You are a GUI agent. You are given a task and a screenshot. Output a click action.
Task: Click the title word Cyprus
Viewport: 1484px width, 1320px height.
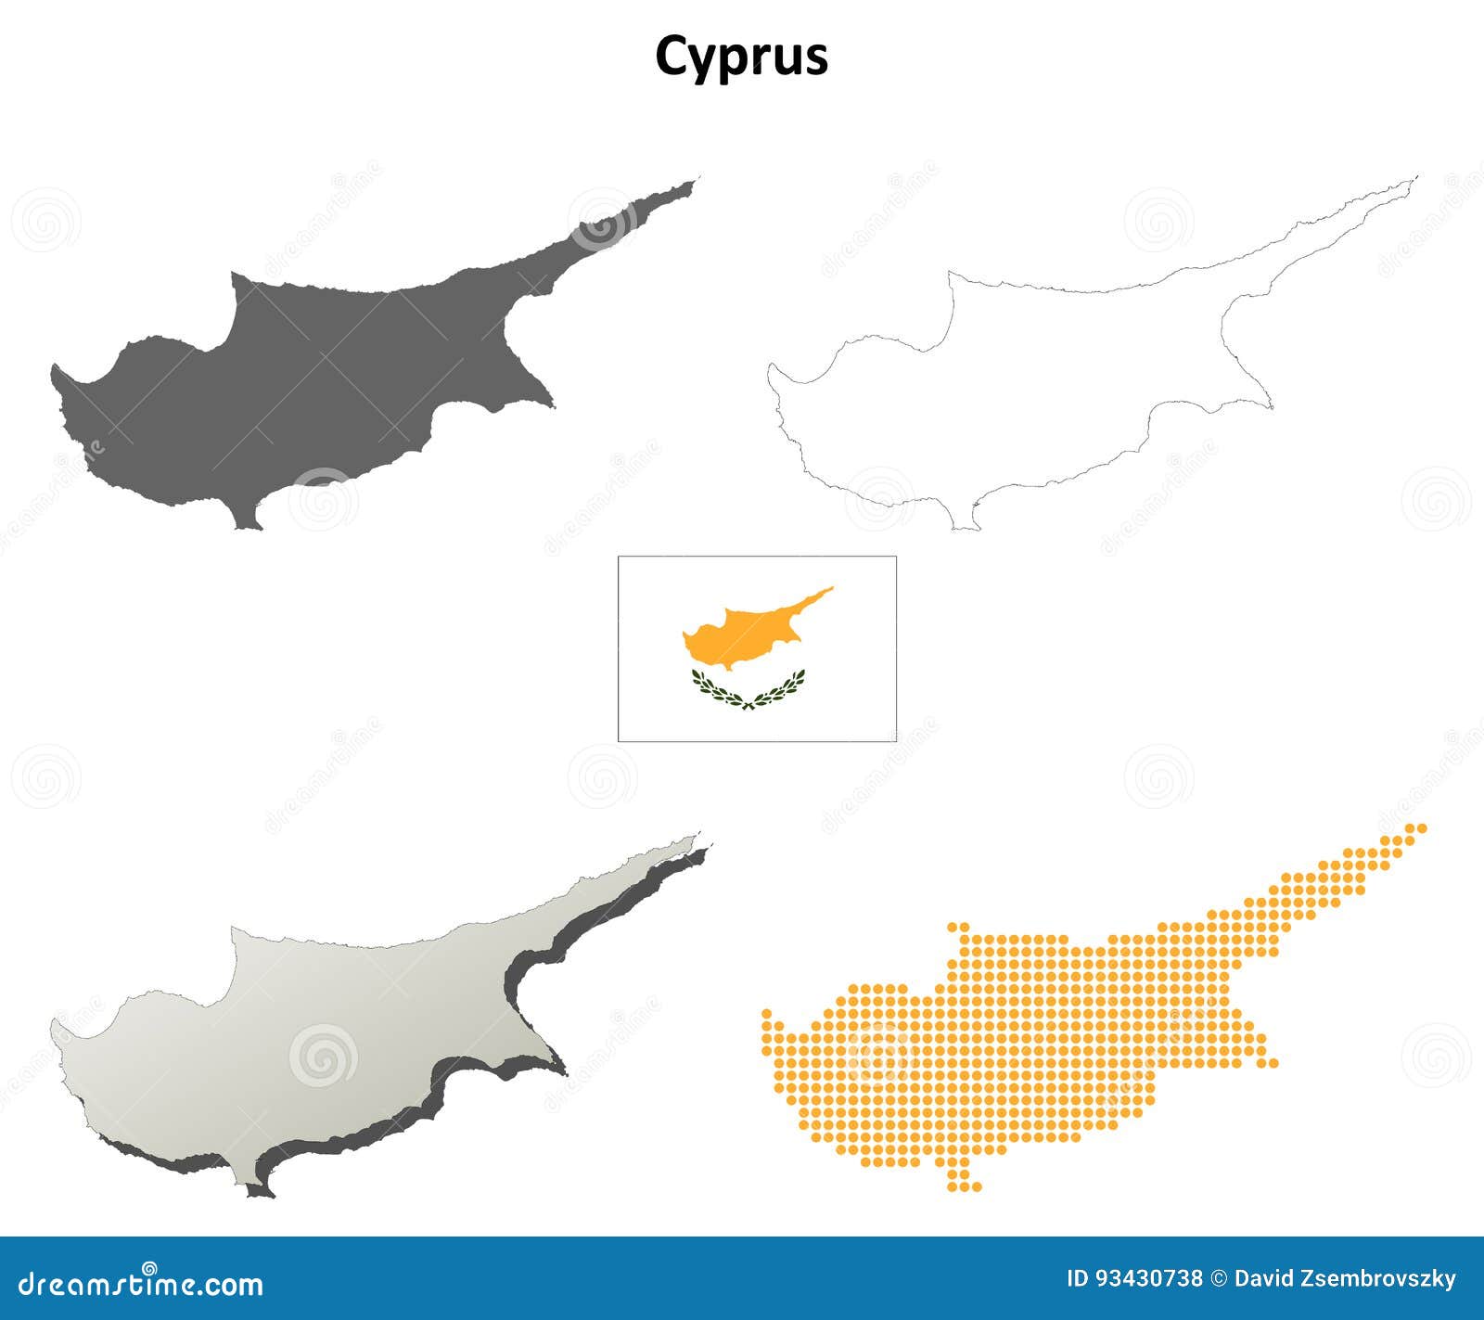point(741,57)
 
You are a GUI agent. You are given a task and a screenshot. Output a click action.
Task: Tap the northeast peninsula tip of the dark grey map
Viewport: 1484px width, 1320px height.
point(691,184)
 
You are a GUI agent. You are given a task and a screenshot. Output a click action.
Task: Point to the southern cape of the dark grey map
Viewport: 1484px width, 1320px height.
point(248,524)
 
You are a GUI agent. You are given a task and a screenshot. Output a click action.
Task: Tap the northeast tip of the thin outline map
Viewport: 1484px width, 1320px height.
point(1414,179)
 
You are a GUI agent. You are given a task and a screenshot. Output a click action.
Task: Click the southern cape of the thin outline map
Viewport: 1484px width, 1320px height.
point(966,525)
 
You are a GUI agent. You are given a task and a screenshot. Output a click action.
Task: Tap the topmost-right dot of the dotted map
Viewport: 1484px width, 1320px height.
point(1422,827)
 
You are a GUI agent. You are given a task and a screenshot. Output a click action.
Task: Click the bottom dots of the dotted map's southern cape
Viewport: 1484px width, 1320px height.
point(964,1185)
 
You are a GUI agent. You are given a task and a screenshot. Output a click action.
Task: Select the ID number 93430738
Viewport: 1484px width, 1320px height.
point(1148,1279)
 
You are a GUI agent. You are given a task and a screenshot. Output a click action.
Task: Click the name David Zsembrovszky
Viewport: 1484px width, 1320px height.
point(1345,1279)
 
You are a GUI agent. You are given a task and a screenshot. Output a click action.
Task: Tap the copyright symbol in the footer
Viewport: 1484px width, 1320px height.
point(1219,1279)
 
